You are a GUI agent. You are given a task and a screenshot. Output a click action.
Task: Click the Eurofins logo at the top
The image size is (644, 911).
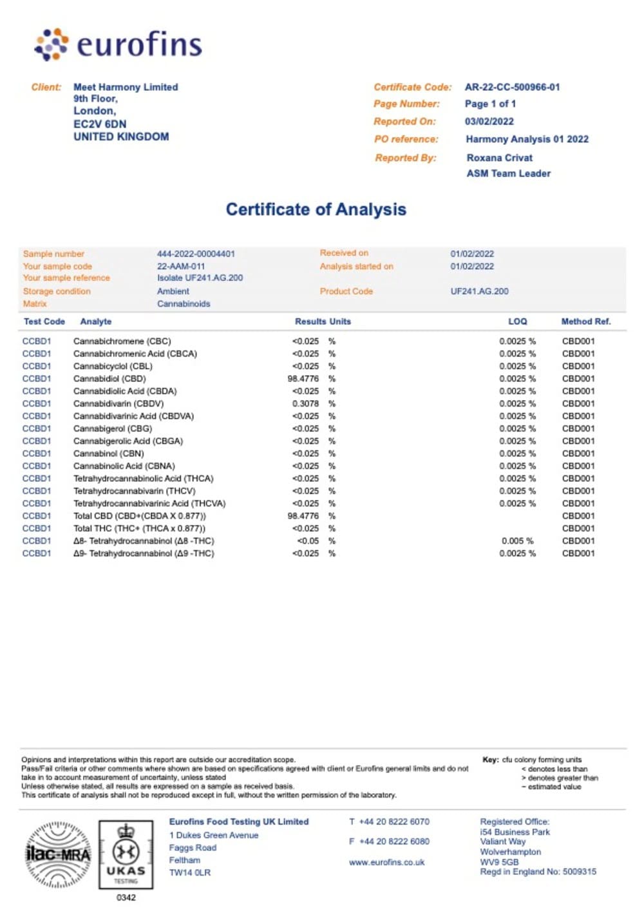(x=118, y=44)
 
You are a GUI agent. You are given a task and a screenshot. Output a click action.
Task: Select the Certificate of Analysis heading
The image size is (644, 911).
(x=316, y=209)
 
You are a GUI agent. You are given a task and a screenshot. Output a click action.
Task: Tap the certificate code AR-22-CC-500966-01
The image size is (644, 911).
(x=512, y=87)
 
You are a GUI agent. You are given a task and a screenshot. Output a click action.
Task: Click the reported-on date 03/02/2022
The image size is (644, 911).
(x=489, y=121)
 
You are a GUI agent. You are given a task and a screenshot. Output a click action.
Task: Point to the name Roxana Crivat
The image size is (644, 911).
(x=499, y=157)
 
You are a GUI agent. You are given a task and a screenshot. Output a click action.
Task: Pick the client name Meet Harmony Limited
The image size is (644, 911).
(x=126, y=87)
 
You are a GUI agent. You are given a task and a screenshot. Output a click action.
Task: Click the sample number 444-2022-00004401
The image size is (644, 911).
(x=196, y=254)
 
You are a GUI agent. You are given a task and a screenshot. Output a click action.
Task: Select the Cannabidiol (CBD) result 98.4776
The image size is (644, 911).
(x=303, y=379)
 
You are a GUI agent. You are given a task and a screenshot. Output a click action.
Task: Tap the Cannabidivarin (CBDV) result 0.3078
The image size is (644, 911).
(x=305, y=404)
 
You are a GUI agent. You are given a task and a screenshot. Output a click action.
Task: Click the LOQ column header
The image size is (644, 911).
(x=517, y=321)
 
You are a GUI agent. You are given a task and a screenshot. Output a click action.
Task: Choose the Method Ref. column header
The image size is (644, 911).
(x=585, y=321)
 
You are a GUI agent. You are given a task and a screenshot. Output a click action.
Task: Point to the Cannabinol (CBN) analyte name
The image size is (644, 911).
(x=109, y=454)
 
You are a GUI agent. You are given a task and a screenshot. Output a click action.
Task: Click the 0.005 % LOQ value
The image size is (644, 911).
(x=517, y=541)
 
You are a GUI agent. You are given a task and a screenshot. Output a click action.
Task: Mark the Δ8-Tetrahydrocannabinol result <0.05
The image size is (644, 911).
(x=308, y=541)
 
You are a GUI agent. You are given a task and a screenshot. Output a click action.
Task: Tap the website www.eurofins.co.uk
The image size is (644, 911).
(x=386, y=862)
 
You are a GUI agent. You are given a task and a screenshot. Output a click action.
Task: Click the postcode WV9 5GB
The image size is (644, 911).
(x=499, y=861)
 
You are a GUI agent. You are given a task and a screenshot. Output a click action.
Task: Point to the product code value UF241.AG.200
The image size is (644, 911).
(x=479, y=291)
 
